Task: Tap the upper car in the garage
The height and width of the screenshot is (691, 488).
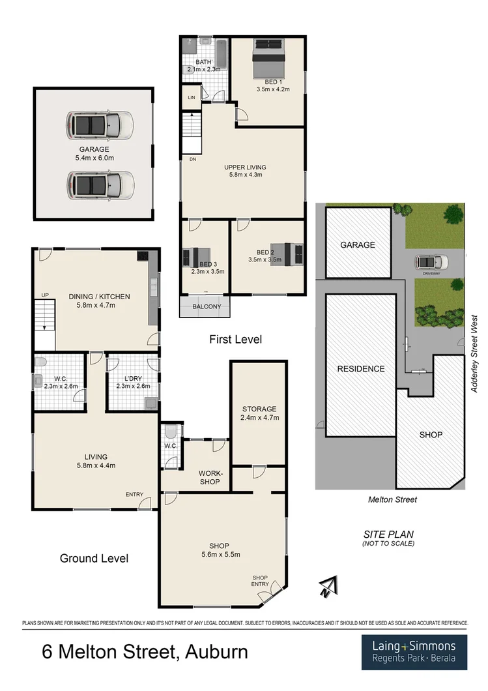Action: [100, 124]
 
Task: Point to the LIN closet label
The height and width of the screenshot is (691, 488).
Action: [191, 97]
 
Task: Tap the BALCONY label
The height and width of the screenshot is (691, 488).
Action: [207, 307]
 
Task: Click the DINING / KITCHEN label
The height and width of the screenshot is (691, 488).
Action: [99, 301]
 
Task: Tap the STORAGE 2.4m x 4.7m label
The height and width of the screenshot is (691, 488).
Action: [259, 413]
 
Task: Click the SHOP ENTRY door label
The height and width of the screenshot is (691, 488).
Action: [261, 581]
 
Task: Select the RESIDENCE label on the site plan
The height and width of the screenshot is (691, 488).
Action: [361, 368]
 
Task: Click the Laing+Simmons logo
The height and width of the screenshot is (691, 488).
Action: [414, 652]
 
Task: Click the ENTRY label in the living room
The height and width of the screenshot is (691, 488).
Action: [134, 494]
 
